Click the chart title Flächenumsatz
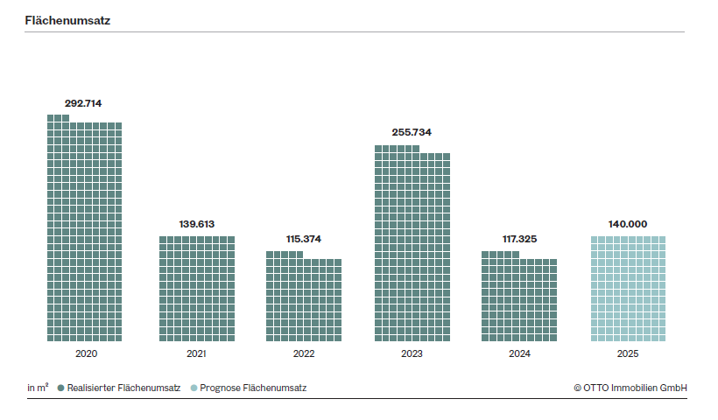pyautogui.click(x=67, y=19)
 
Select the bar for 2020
pyautogui.click(x=84, y=232)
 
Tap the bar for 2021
pyautogui.click(x=196, y=289)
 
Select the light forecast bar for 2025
pyautogui.click(x=628, y=289)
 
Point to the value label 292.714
pyautogui.click(x=83, y=103)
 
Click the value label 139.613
pyautogui.click(x=196, y=225)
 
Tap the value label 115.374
pyautogui.click(x=304, y=239)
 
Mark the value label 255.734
pyautogui.click(x=412, y=133)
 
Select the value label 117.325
pyautogui.click(x=519, y=239)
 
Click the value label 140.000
pyautogui.click(x=628, y=225)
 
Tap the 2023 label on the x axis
pyautogui.click(x=412, y=354)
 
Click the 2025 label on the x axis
pyautogui.click(x=628, y=354)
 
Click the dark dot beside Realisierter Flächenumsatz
pyautogui.click(x=60, y=388)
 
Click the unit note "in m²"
pyautogui.click(x=38, y=388)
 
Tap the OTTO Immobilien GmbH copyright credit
pyautogui.click(x=630, y=388)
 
